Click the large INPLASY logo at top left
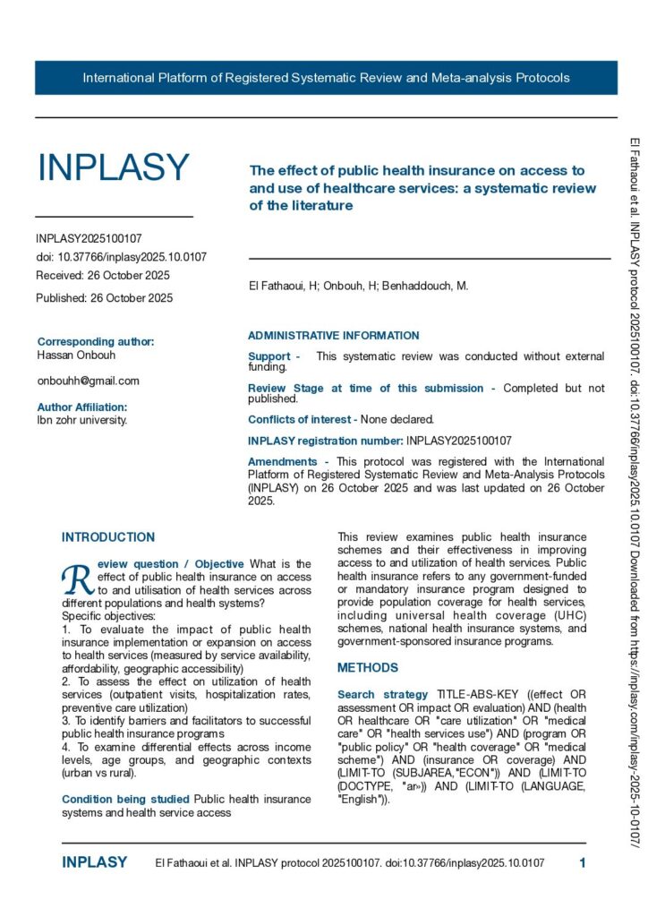(x=113, y=167)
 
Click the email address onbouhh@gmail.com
(x=88, y=381)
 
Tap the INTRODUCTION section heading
(x=107, y=537)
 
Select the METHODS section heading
(x=367, y=668)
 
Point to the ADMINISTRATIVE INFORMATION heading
(x=333, y=336)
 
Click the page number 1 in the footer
(x=583, y=863)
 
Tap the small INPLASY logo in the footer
(x=94, y=863)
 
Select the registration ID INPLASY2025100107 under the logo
(x=89, y=239)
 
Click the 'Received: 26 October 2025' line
(x=102, y=275)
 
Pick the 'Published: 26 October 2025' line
(x=104, y=297)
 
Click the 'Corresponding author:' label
(x=96, y=341)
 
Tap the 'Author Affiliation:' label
(x=88, y=407)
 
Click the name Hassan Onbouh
(x=78, y=354)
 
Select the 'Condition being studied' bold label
(x=124, y=799)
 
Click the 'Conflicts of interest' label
(x=301, y=418)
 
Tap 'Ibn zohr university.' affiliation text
(x=81, y=420)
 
